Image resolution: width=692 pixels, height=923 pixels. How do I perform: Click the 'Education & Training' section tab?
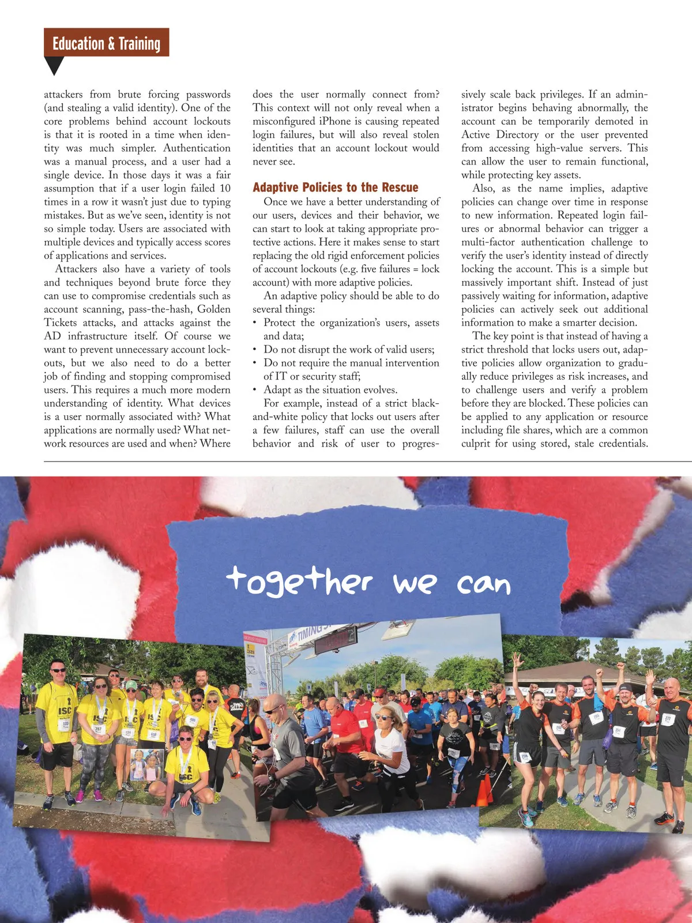[x=106, y=43]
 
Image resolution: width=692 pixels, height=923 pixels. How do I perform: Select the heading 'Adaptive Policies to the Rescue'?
[x=335, y=187]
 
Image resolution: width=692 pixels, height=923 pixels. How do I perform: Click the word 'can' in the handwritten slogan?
[x=484, y=585]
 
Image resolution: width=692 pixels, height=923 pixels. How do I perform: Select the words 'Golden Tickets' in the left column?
[x=137, y=316]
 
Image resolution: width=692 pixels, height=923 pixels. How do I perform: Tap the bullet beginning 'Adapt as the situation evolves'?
[x=330, y=390]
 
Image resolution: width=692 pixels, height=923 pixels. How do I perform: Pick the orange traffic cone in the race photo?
[x=483, y=790]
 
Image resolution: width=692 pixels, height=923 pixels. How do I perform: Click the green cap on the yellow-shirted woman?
[x=131, y=685]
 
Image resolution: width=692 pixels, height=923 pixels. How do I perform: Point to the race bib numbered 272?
[x=668, y=719]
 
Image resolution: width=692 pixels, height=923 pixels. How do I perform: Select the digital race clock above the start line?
[x=335, y=639]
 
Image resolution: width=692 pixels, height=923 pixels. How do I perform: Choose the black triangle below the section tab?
[x=54, y=66]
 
